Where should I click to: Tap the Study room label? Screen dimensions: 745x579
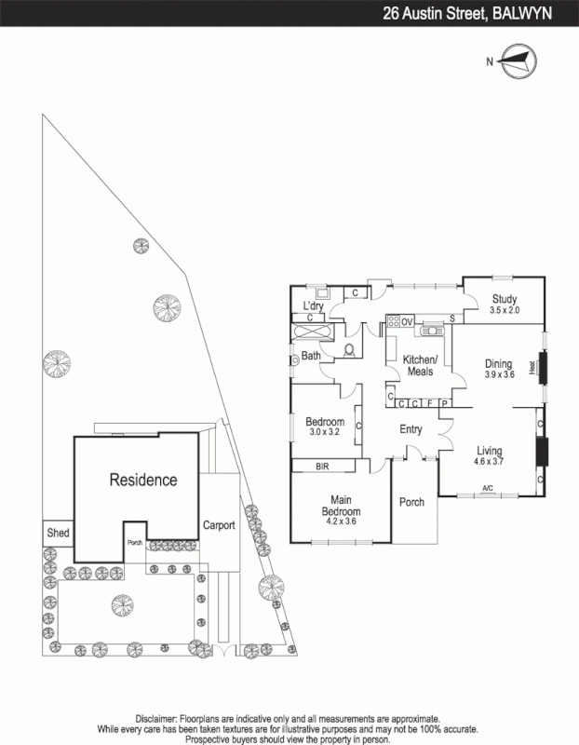(x=504, y=299)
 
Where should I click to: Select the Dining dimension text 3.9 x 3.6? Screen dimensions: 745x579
(x=499, y=374)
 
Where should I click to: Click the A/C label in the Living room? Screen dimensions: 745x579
(x=487, y=488)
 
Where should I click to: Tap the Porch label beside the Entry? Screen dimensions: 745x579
(x=411, y=502)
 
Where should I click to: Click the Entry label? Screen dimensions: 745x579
(x=411, y=429)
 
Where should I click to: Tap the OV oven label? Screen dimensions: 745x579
(x=407, y=321)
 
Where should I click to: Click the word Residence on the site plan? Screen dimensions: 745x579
(x=143, y=481)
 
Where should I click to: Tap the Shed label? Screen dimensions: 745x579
(x=57, y=534)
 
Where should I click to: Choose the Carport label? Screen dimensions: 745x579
(x=219, y=525)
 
